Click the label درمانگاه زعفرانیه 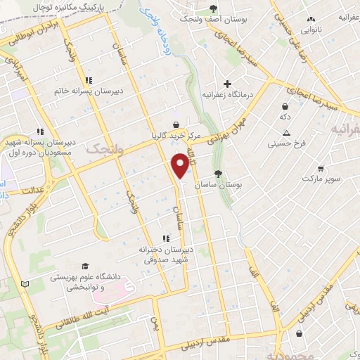tap(226, 94)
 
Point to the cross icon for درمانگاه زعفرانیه tap(226, 83)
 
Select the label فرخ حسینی tap(286, 144)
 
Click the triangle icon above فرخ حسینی tap(286, 133)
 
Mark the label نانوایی tap(312, 30)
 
